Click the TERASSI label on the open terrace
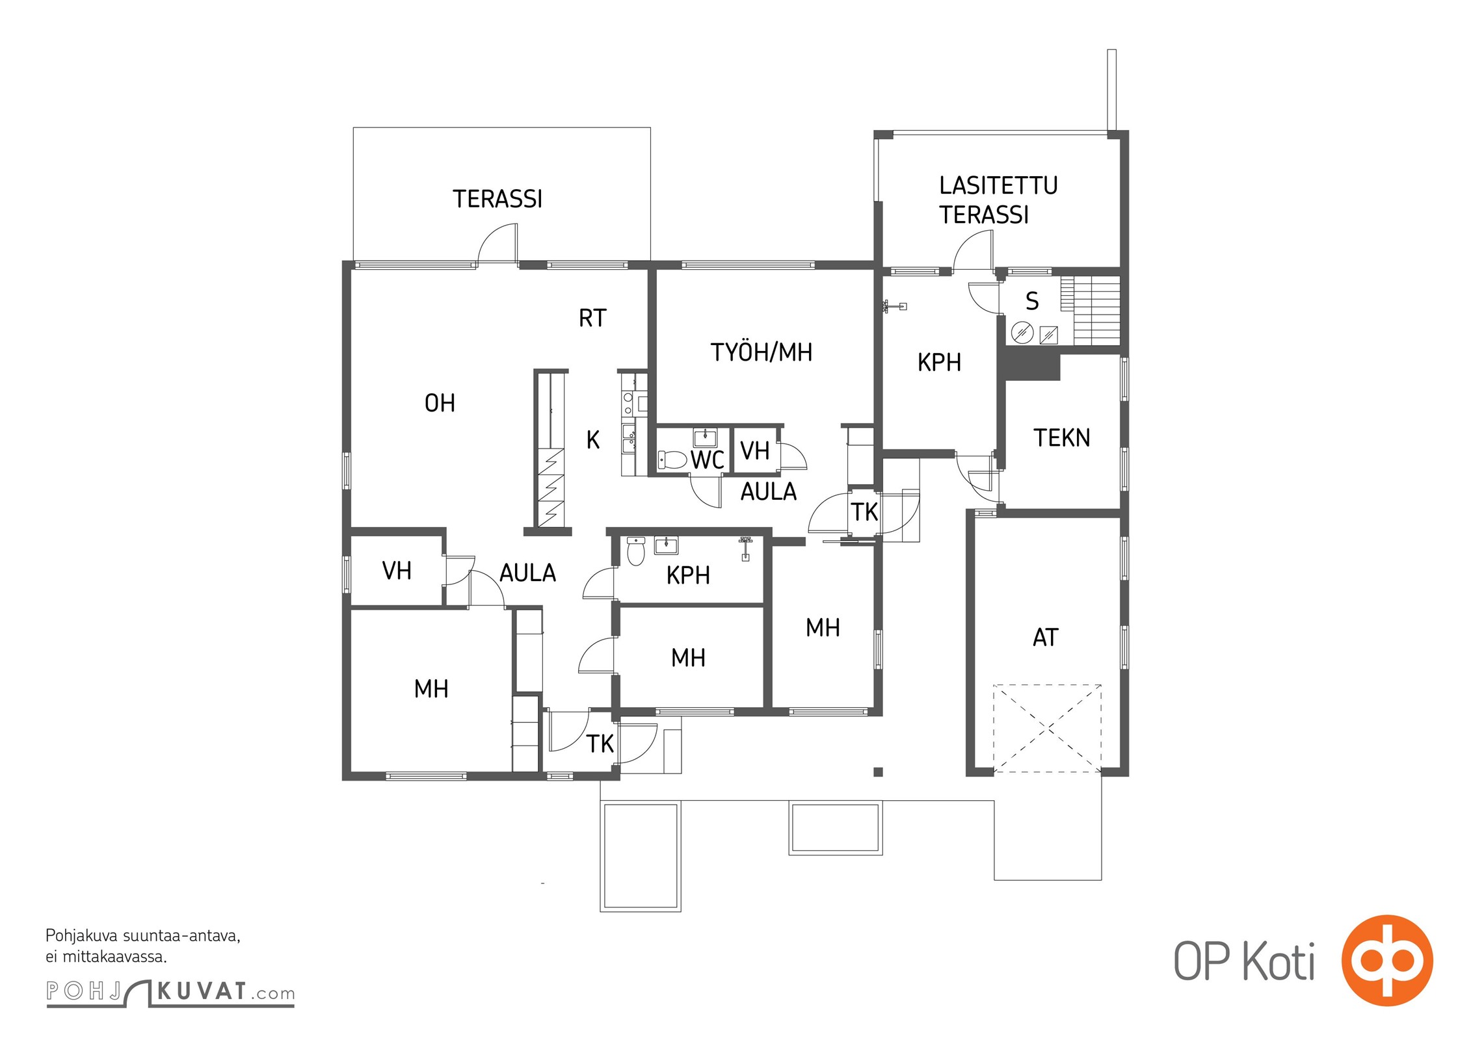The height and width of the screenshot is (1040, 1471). point(497,199)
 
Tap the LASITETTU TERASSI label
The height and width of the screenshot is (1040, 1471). point(998,200)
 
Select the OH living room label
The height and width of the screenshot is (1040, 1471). point(440,404)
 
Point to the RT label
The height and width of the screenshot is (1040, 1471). point(592,318)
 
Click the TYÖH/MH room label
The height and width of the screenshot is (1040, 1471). point(762,352)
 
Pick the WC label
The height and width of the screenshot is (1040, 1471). point(708,460)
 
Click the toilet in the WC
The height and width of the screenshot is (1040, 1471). point(672,460)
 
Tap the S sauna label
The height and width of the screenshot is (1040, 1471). point(1032,301)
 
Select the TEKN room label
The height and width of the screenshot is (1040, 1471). point(1062,438)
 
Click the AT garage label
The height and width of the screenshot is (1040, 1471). point(1046,638)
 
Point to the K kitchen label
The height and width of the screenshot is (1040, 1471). point(592,441)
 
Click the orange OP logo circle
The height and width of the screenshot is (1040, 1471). point(1387,960)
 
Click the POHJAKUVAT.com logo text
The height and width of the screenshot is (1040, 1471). point(170,993)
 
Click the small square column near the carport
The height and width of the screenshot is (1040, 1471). point(878,772)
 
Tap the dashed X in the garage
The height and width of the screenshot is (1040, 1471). point(1048,729)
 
